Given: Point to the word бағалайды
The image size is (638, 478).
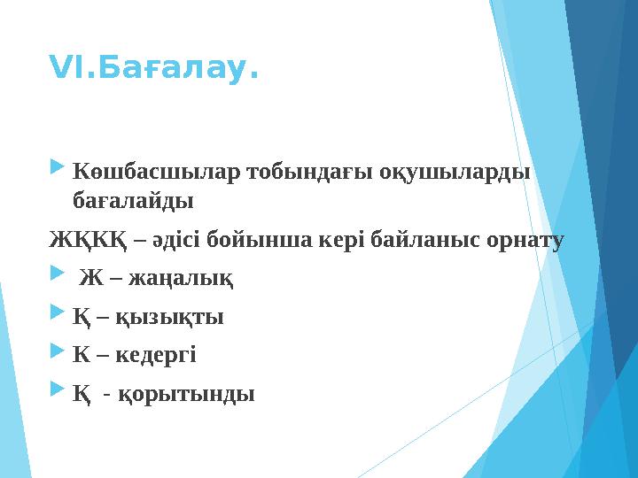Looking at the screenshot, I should (133, 201).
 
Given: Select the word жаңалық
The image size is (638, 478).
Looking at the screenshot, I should (182, 280).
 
